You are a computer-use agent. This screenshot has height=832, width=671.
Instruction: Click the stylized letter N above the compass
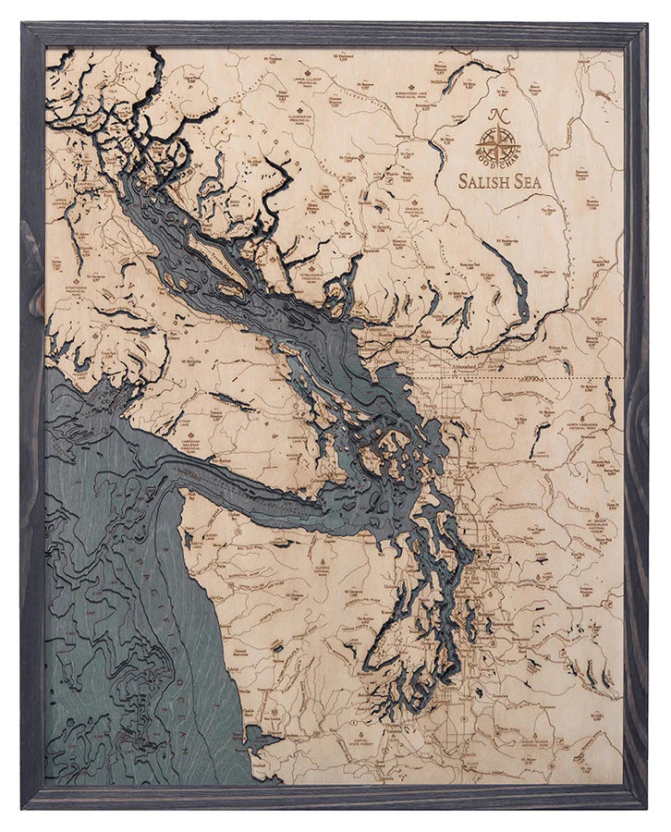coord(498,116)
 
